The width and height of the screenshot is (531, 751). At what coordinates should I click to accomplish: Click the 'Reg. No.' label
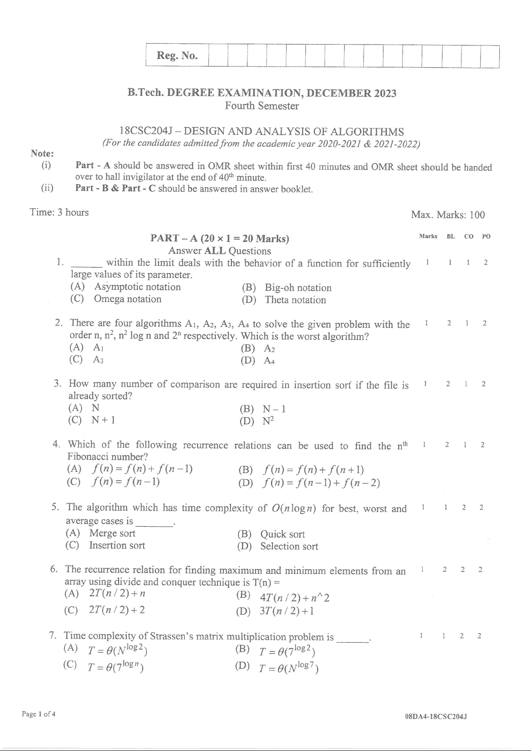pos(177,56)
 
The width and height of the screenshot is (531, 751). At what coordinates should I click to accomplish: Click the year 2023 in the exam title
pos(385,93)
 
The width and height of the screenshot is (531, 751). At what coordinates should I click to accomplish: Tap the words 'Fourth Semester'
pos(262,106)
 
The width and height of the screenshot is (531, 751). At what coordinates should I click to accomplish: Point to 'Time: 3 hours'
pos(59,212)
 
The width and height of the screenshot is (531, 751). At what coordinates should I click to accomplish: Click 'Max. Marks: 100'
pos(448,215)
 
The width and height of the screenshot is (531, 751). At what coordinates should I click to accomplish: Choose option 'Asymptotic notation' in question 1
pos(137,287)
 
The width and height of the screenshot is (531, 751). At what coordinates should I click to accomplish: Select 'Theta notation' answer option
pos(295,300)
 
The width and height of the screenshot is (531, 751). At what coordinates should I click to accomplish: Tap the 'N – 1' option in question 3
pos(274,409)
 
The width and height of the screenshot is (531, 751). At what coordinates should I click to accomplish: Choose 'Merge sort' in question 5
pos(112,533)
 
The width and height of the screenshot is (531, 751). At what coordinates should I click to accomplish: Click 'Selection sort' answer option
pos(289,547)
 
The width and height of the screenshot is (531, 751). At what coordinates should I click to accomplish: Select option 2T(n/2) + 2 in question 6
pos(117,610)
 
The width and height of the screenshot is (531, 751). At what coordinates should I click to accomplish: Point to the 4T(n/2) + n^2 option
pos(294,598)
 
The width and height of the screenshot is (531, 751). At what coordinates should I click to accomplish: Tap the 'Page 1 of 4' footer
pos(39,714)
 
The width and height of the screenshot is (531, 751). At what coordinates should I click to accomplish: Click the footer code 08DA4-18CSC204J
pos(436,717)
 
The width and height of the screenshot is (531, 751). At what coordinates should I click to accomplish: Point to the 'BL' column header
pos(451,236)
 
